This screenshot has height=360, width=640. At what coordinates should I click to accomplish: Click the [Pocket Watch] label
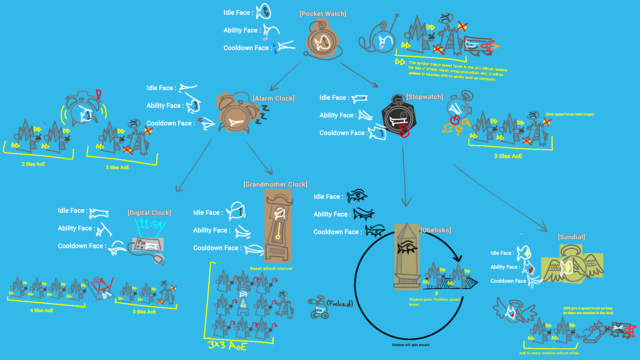coord(323,14)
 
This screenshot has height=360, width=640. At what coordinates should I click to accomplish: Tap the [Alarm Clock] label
coord(273,98)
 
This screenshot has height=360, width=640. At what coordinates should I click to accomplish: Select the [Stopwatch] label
coord(424,97)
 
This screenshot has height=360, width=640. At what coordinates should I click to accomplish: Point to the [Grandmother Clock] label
coord(275,184)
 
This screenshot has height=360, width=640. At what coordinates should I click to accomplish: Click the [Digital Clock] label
coord(149,213)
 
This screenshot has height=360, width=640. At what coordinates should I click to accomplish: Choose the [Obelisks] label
coord(435,230)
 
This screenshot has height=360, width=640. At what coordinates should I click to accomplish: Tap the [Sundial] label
coord(571,237)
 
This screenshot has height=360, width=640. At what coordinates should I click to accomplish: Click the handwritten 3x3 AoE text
coord(227,345)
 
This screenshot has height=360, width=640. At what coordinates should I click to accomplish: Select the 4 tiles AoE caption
coord(42,310)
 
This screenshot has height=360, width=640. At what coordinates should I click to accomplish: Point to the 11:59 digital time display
coord(150,224)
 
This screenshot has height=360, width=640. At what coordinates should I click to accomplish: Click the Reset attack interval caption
coord(271,268)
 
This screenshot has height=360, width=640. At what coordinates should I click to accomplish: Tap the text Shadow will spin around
coord(410,345)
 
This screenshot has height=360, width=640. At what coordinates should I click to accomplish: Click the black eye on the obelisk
coord(407,247)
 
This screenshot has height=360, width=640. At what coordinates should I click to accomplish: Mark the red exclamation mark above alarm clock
coord(98,94)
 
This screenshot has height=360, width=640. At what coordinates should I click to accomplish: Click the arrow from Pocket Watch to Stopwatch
coord(359,75)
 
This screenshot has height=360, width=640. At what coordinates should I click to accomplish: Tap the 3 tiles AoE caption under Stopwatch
coord(508,156)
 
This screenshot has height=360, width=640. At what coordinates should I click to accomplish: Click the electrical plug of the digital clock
coord(159,259)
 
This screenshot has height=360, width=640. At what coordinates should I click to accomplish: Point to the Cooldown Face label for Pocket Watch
coord(248,48)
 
